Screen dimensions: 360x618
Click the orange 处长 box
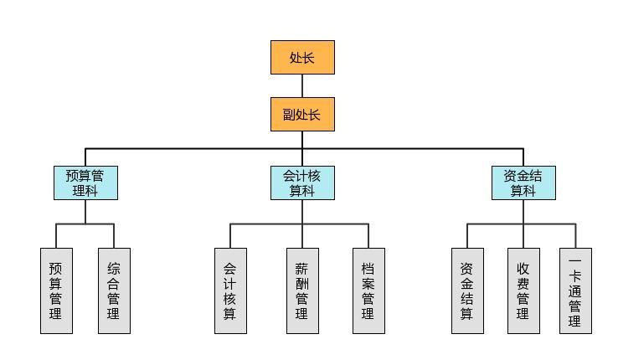pyautogui.click(x=302, y=57)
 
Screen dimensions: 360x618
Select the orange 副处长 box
pyautogui.click(x=302, y=114)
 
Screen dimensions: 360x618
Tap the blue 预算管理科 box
pyautogui.click(x=85, y=183)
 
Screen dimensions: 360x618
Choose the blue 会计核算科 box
pyautogui.click(x=302, y=183)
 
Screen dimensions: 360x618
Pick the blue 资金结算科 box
pyautogui.click(x=523, y=183)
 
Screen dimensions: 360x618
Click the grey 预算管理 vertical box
pyautogui.click(x=56, y=291)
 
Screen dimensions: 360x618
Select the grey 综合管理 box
pyautogui.click(x=114, y=291)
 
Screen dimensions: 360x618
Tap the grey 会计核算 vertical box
pyautogui.click(x=230, y=291)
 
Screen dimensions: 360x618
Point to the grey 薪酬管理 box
pyautogui.click(x=302, y=291)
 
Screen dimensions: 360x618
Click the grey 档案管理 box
pyautogui.click(x=368, y=291)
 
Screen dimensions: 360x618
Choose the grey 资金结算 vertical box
pyautogui.click(x=467, y=291)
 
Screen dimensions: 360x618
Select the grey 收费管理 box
pyautogui.click(x=523, y=291)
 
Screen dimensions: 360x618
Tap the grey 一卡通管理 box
pyautogui.click(x=575, y=291)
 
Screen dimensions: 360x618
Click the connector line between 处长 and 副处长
pyautogui.click(x=302, y=85)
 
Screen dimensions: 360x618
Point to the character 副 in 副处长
pyautogui.click(x=289, y=115)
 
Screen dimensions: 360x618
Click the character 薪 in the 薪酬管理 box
pyautogui.click(x=302, y=269)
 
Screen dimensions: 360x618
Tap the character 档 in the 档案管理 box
pyautogui.click(x=368, y=269)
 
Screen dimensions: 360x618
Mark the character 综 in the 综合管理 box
pyautogui.click(x=114, y=269)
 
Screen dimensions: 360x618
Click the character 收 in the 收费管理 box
pyautogui.click(x=523, y=269)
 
